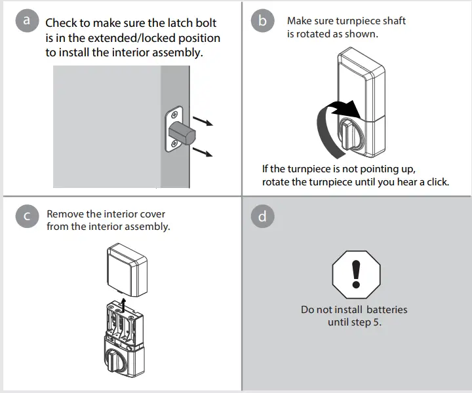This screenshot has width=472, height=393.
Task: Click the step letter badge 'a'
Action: click(x=26, y=20)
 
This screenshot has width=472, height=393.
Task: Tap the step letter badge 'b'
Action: click(x=262, y=20)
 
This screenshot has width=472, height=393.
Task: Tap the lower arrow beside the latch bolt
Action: click(x=205, y=153)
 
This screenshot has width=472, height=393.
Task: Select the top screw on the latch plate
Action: click(x=174, y=109)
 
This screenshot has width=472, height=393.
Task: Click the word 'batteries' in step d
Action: click(x=387, y=309)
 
